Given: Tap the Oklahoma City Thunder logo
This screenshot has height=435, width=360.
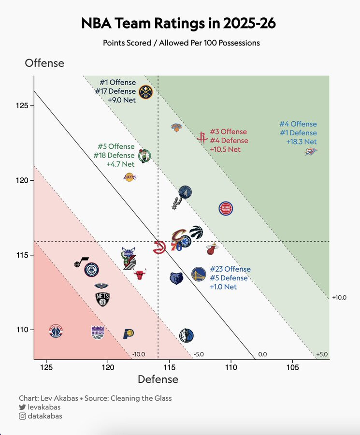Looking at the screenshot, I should [x=311, y=152].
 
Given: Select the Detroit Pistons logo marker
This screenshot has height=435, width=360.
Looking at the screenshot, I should [x=226, y=208].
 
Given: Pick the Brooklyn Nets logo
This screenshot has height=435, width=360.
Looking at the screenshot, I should [x=103, y=299].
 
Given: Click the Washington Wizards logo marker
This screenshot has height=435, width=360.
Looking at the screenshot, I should [x=56, y=332].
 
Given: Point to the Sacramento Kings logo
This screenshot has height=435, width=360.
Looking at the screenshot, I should [x=98, y=332].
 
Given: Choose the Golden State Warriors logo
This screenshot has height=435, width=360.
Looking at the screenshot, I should [x=198, y=275].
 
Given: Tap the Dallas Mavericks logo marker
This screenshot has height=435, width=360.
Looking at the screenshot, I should [x=186, y=335].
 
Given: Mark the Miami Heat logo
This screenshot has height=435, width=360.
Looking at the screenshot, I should [x=211, y=250].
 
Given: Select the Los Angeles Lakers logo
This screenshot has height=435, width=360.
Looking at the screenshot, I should [x=130, y=177].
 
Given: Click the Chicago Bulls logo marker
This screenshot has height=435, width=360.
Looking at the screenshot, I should [x=140, y=275].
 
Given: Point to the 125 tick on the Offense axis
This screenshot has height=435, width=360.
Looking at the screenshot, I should [x=24, y=105].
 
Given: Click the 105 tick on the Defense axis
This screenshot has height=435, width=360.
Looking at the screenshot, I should [x=292, y=367].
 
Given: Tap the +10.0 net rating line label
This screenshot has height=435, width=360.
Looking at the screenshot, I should [x=339, y=298].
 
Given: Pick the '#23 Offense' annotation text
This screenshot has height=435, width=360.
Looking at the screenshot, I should [x=230, y=269].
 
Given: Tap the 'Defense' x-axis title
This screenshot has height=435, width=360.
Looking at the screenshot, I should [x=158, y=379].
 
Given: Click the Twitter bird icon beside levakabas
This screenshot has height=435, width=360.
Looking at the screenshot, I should [x=22, y=407].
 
